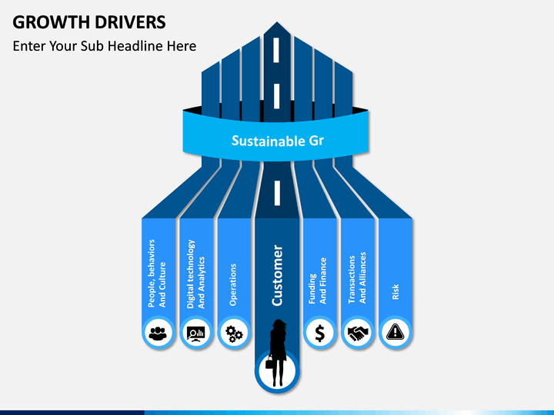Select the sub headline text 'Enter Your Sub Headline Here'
pyautogui.click(x=105, y=46)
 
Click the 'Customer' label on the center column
pyautogui.click(x=278, y=275)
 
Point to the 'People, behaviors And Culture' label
pyautogui.click(x=157, y=273)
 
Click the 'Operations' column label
pyautogui.click(x=233, y=284)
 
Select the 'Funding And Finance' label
pyautogui.click(x=318, y=280)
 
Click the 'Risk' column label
pyautogui.click(x=395, y=291)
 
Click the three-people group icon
pyautogui.click(x=159, y=333)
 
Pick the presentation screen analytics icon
pyautogui.click(x=196, y=333)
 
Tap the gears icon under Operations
pyautogui.click(x=234, y=334)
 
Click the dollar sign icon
pyautogui.click(x=319, y=333)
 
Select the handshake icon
pyautogui.click(x=357, y=333)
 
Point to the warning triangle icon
pyautogui.click(x=395, y=333)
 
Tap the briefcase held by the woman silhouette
pyautogui.click(x=269, y=364)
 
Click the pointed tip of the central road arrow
pyautogui.click(x=277, y=23)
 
